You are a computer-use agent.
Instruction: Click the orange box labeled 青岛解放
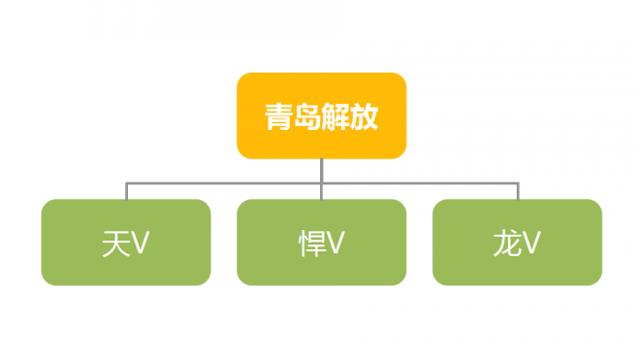(321, 115)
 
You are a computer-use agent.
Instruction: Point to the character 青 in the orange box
(277, 115)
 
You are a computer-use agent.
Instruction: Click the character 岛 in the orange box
(306, 115)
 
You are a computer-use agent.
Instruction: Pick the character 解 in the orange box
(336, 115)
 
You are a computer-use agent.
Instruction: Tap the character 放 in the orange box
(366, 115)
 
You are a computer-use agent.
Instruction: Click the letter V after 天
(139, 244)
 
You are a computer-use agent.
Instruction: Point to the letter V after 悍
(336, 244)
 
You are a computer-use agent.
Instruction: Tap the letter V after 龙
(532, 244)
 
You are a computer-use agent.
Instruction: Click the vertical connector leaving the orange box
(321, 169)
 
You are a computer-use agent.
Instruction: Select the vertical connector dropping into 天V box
(125, 190)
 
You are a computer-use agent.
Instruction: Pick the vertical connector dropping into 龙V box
(517, 190)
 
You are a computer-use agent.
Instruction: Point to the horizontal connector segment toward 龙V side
(420, 180)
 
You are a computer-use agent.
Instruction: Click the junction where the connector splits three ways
(321, 180)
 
